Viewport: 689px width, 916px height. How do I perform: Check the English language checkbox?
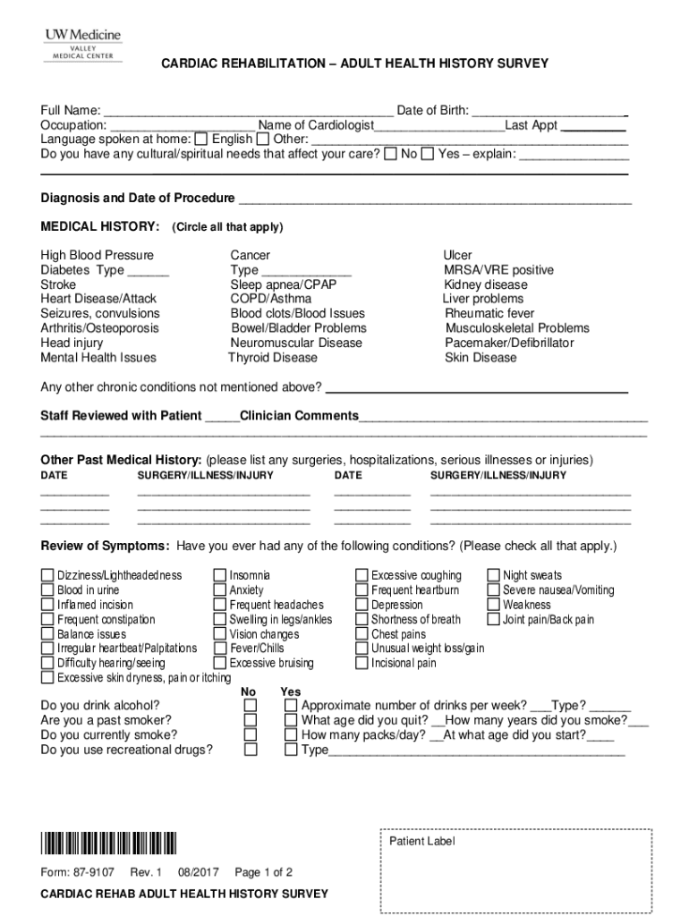click(201, 140)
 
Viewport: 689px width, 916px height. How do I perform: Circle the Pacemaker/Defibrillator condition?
click(509, 343)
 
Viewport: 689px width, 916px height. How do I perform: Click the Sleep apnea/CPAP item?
click(283, 284)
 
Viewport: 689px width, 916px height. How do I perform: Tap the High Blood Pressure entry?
click(98, 256)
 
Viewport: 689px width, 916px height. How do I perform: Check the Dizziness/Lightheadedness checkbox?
click(47, 575)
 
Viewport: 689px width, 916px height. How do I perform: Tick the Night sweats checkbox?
click(493, 575)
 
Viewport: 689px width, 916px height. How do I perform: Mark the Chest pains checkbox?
click(362, 634)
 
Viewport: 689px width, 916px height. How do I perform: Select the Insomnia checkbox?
click(219, 575)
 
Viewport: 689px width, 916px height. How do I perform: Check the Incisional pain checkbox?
click(362, 664)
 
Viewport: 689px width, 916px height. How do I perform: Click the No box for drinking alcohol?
click(251, 706)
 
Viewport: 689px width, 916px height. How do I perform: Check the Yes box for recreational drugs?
click(291, 751)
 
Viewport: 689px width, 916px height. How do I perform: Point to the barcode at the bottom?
click(108, 844)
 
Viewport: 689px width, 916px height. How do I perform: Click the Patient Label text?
click(421, 842)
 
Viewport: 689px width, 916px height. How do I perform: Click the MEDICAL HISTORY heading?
click(100, 226)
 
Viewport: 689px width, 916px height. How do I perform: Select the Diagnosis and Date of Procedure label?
click(138, 198)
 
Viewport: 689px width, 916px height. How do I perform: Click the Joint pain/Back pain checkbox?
click(493, 620)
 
